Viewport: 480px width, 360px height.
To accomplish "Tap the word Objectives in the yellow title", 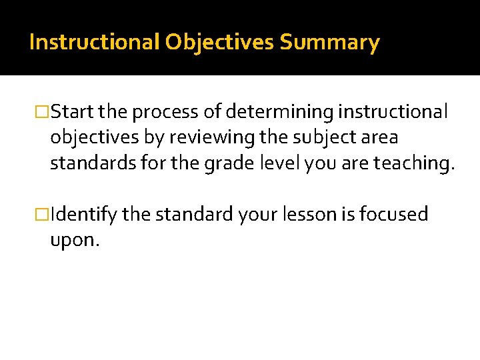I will tap(221, 43).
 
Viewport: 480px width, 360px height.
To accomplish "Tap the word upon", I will tap(74, 240).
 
